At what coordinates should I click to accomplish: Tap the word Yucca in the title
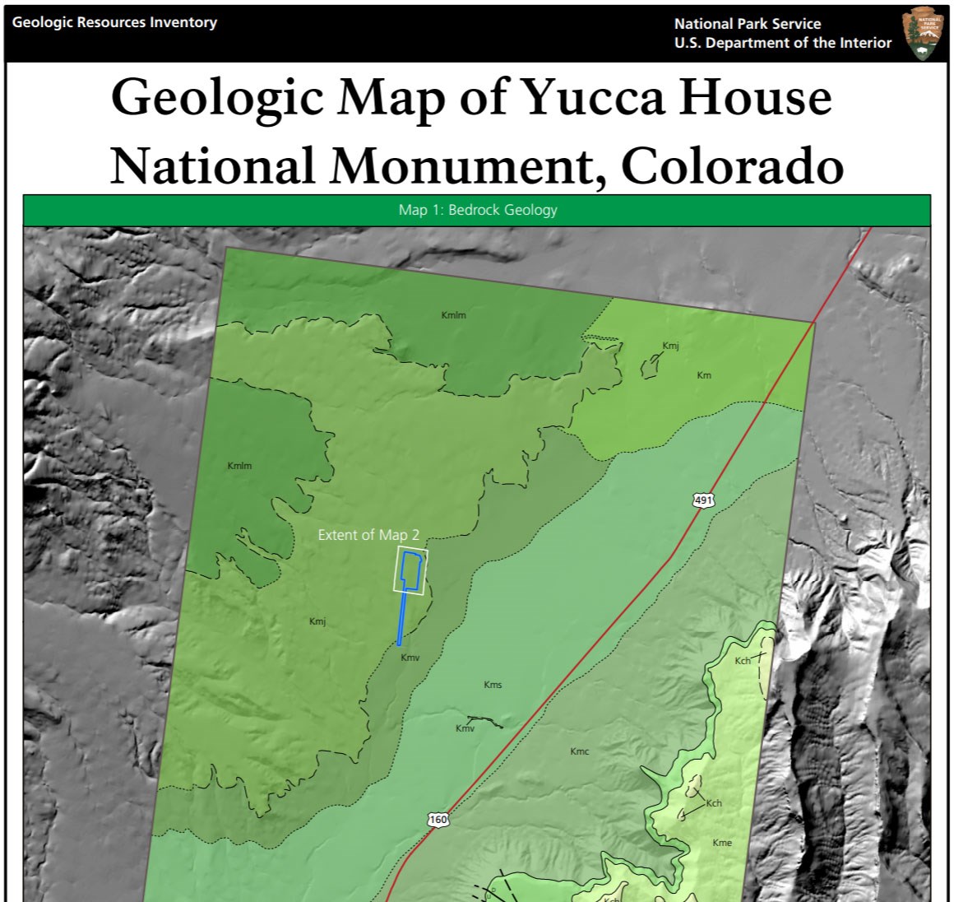pos(591,97)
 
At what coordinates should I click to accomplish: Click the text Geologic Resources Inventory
pos(114,22)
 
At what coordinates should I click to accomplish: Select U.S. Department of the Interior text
pos(782,43)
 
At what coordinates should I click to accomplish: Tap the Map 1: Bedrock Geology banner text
pos(478,210)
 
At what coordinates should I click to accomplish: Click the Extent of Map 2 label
pos(368,535)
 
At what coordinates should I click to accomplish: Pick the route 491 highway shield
pos(703,500)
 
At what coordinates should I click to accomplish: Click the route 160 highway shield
pos(438,820)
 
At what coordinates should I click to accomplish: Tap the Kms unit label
pos(493,685)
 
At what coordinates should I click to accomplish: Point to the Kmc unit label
pos(580,751)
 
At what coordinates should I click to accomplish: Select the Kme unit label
pos(722,843)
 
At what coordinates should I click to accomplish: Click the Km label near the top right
pos(704,375)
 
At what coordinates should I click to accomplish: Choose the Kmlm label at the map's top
pos(454,315)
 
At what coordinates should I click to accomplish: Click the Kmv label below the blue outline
pos(410,658)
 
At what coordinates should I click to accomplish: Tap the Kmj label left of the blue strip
pos(317,621)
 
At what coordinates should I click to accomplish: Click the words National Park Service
pos(747,24)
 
